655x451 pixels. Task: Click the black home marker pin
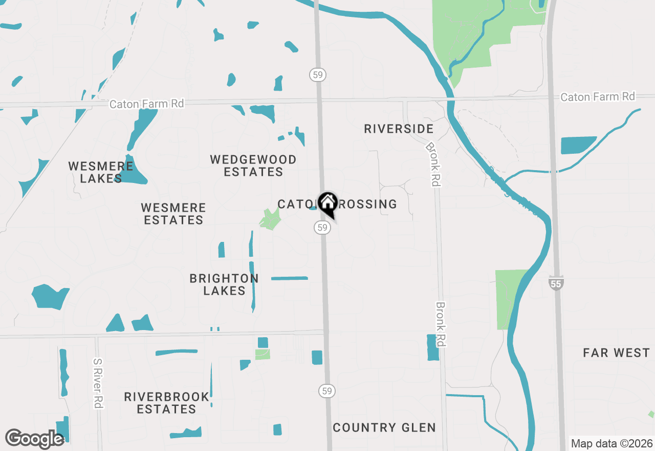[x=327, y=204]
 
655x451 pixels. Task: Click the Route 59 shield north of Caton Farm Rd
[x=318, y=75]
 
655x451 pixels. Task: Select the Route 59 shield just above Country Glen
[x=327, y=391]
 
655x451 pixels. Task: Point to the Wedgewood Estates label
[x=253, y=166]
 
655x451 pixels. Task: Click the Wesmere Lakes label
[x=101, y=172]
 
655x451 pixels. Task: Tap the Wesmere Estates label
[x=173, y=214]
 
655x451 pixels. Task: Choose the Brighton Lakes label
[x=224, y=284]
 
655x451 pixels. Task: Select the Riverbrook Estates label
[x=167, y=403]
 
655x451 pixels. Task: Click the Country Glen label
[x=384, y=427]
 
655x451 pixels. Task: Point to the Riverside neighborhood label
[x=399, y=129]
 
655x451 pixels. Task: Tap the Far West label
[x=617, y=353]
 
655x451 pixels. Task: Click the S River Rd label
[x=98, y=383]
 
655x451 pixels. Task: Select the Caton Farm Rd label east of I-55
[x=597, y=97]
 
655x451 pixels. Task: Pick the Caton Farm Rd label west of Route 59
[x=146, y=104]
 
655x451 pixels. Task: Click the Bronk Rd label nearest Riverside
[x=432, y=164]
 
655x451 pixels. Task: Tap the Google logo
[x=34, y=439]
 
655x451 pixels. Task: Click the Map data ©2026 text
[x=612, y=443]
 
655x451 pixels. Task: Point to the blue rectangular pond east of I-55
[x=578, y=145]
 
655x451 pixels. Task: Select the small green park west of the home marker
[x=270, y=219]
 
